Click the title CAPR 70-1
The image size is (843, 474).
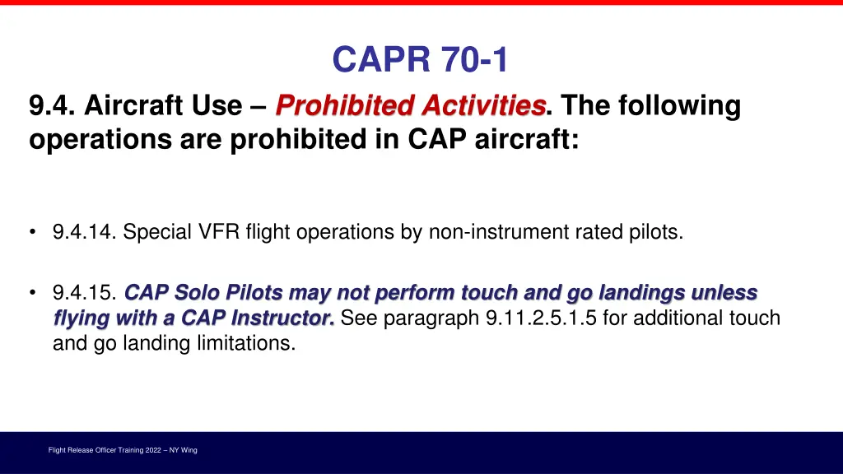coord(421,59)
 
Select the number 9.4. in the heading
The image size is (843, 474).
coord(52,106)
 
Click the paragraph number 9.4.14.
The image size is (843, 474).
coord(85,233)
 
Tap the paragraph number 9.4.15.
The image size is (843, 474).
coord(85,293)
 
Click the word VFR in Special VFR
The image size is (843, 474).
coord(217,233)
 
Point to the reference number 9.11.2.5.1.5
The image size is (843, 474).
coord(542,318)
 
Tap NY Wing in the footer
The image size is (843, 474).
coord(183,450)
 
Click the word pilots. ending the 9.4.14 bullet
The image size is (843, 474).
coord(657,233)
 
